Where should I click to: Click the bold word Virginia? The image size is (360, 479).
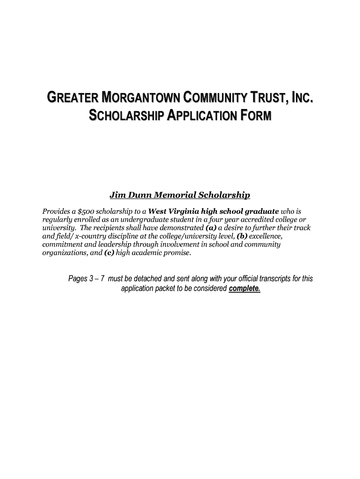click(182, 211)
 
